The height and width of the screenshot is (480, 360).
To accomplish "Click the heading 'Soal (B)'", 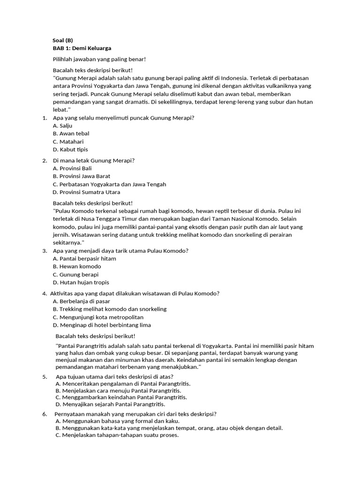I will coord(63,40).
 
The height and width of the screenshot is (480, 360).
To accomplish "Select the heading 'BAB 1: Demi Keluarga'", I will coord(82,48).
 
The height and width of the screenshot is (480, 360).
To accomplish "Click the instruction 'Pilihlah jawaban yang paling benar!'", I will coord(99,59).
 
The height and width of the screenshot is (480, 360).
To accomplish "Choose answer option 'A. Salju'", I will coord(63,126).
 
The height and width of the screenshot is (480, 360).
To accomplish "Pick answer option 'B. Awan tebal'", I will coord(71,134).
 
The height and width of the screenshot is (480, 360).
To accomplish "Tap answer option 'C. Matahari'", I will coord(68,142).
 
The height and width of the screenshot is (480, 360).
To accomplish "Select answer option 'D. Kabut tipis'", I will coord(70,150).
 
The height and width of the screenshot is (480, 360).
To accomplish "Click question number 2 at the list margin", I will coord(45,160).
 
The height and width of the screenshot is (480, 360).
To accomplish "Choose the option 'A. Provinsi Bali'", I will coord(73,168).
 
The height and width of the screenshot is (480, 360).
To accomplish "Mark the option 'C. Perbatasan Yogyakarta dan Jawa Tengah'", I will coord(110,184).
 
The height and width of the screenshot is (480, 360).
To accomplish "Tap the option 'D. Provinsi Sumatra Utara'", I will coord(87,192).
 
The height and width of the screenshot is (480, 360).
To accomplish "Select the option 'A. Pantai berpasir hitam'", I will coord(85,258).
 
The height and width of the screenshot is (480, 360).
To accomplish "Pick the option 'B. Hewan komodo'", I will coord(77,266).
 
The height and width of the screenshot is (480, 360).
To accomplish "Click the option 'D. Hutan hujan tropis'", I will coord(81,282).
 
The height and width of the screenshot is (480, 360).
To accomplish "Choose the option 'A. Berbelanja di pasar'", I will coord(82,301).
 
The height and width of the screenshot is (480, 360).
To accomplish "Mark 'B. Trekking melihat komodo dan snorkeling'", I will coord(110,309).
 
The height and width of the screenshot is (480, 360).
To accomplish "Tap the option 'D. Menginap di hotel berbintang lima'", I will coord(102,325).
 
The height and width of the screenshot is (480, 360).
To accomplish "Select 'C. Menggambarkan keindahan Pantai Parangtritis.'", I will coord(121,397).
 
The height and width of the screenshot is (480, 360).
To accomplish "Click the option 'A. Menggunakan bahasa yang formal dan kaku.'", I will coord(117,421).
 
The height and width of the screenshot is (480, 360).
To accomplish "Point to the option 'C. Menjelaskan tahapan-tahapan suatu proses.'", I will coord(117,435).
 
